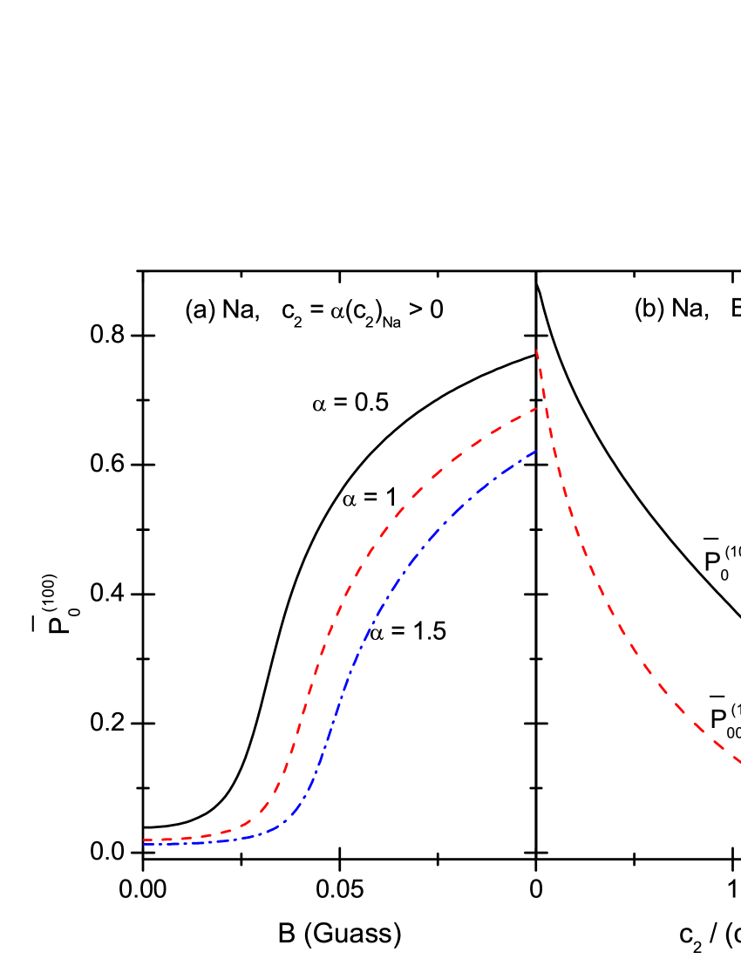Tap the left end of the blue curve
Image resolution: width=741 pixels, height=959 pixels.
(144, 844)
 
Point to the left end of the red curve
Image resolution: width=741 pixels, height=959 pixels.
(144, 840)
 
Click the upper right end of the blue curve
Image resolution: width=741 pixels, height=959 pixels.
(538, 450)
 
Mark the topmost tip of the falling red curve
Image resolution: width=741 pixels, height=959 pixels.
(536, 350)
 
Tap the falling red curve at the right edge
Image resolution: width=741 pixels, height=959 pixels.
(738, 761)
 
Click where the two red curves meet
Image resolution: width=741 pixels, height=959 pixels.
(546, 407)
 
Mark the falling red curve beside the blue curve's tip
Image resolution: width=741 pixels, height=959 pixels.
(553, 448)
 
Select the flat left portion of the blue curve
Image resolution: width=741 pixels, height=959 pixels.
(192, 843)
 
